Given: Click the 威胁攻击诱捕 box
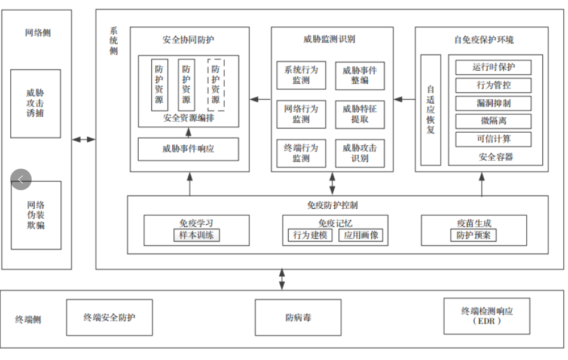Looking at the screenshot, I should point(35,103).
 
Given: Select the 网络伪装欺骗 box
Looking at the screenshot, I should point(36,215).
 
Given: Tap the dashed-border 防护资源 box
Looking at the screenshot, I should point(216,84).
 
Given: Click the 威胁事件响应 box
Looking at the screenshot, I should point(188,149).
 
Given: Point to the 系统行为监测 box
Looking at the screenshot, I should point(301,75).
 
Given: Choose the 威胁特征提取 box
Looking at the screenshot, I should point(359,114).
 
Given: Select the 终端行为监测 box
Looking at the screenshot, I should point(301,153).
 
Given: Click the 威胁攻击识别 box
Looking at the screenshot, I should point(359,153).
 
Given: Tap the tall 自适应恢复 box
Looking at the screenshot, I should point(430,109).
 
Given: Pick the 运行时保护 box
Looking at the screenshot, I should point(493,67).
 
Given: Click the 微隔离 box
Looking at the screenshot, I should point(493,121).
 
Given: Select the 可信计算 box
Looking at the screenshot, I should point(493,139).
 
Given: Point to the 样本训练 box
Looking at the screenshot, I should point(196,235).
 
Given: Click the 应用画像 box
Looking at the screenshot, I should point(361,235).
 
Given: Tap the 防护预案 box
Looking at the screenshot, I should point(473,235).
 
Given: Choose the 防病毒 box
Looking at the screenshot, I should point(298,318).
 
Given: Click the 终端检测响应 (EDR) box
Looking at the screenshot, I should point(487,316).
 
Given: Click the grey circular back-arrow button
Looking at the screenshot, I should point(21,179).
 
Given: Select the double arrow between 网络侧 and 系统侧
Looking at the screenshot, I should point(84,139).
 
